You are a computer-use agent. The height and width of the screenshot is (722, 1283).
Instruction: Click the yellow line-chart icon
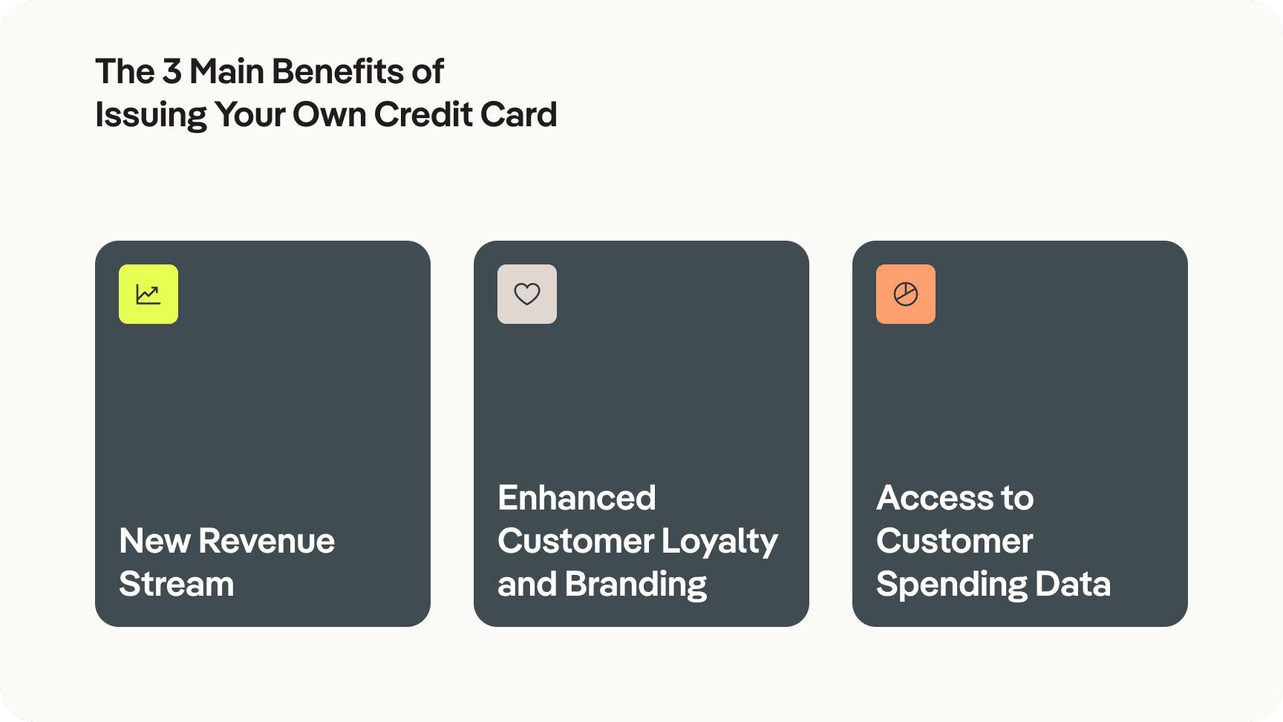(148, 294)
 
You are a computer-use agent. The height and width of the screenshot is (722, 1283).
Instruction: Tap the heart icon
(527, 294)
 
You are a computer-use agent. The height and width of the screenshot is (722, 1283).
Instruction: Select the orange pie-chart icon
(906, 294)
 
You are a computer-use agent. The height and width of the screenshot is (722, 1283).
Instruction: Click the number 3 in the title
(172, 72)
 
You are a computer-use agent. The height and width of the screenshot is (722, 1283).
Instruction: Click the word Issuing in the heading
(151, 115)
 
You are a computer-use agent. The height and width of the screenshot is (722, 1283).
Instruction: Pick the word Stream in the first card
(176, 584)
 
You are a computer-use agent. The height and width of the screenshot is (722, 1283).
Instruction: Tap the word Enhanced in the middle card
(577, 498)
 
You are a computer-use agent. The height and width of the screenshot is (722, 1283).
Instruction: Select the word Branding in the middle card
(636, 584)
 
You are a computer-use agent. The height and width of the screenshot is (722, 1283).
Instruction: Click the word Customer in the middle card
(575, 541)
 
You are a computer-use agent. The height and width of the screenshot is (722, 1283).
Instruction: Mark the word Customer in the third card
(954, 541)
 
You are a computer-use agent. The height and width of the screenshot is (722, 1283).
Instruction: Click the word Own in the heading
(329, 115)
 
